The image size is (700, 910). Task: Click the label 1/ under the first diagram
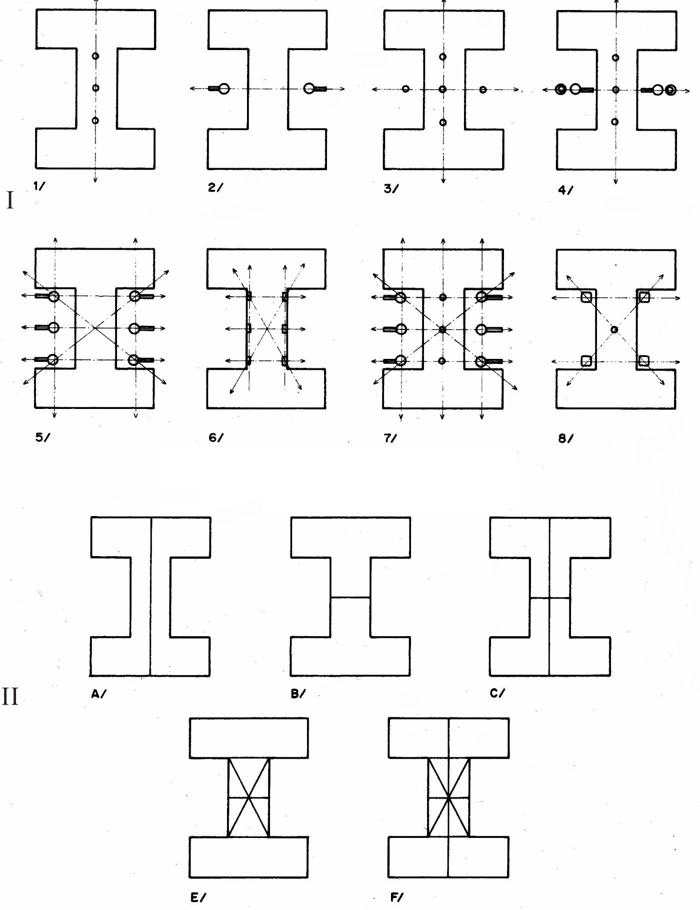click(39, 187)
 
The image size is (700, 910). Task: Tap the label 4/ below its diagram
click(565, 190)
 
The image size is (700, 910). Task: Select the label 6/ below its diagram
click(216, 438)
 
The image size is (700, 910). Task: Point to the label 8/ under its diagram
click(565, 438)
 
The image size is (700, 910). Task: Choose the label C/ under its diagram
click(497, 693)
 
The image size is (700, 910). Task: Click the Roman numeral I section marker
click(9, 200)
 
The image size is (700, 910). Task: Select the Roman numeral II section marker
click(10, 696)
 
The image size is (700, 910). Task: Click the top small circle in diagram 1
click(95, 56)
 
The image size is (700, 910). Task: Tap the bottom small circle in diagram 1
click(95, 120)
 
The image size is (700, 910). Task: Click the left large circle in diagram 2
click(224, 89)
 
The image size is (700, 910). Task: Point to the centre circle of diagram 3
click(442, 89)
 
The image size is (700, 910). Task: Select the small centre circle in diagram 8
click(614, 329)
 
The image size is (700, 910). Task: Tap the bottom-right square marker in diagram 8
click(644, 360)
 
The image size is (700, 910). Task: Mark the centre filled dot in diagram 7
click(442, 329)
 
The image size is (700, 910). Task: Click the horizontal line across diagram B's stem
click(350, 597)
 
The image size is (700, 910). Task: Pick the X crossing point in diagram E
click(248, 797)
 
